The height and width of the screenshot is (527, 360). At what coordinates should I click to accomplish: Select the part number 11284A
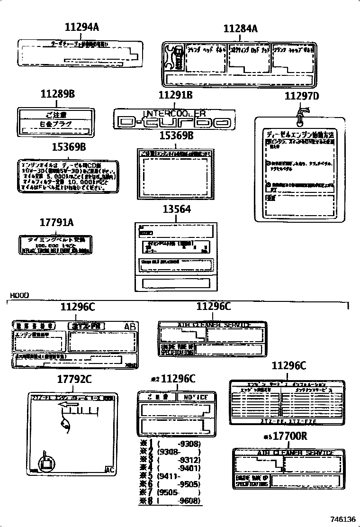(240, 29)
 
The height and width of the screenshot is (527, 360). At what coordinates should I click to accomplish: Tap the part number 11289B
(57, 94)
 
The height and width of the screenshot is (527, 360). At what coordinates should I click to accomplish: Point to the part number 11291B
(175, 95)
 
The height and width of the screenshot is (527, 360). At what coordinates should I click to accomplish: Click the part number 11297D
(302, 96)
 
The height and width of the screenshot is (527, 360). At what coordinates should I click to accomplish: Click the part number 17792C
(74, 379)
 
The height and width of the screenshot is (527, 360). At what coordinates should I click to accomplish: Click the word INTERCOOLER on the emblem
(174, 113)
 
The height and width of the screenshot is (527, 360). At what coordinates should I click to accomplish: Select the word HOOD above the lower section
(18, 295)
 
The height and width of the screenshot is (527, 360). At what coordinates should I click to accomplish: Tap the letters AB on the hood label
(129, 327)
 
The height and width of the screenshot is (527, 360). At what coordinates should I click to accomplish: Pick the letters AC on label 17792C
(109, 470)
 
